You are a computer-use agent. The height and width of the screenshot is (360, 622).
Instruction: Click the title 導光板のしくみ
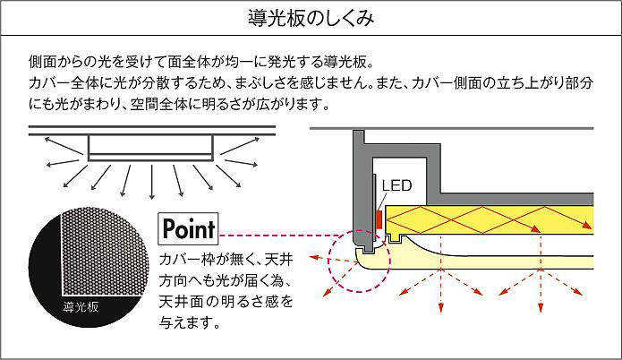coord(310,18)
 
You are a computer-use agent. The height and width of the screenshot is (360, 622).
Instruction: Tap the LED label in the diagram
coord(396,186)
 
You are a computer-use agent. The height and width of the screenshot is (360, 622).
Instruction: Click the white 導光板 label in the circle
coord(81,307)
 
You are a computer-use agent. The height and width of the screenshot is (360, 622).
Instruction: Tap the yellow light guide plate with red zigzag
coord(501,218)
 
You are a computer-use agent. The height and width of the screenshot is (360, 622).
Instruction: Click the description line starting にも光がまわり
coord(179,104)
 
